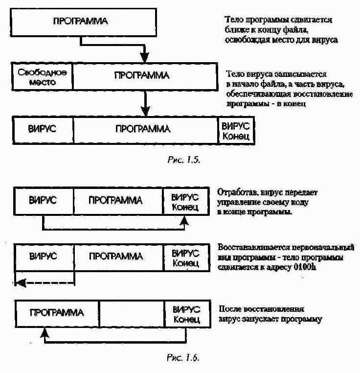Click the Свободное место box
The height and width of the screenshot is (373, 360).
pyautogui.click(x=42, y=76)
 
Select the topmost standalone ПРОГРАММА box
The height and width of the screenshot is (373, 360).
pyautogui.click(x=80, y=23)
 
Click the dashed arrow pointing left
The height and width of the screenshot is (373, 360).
pyautogui.click(x=44, y=282)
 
